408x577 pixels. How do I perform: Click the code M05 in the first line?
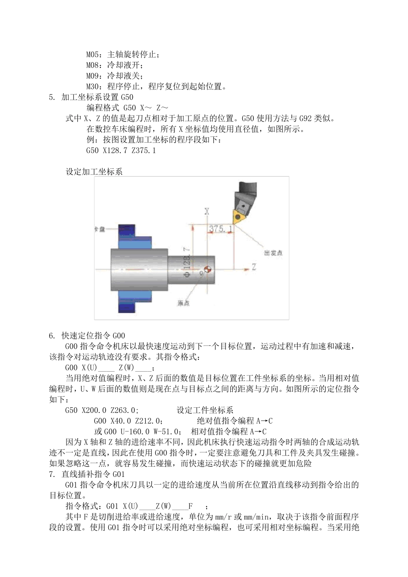click(x=93, y=55)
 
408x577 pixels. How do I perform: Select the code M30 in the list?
click(x=93, y=86)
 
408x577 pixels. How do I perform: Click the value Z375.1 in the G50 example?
click(x=143, y=150)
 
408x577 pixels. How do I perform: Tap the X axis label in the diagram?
click(x=207, y=211)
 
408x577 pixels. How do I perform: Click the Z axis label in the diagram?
click(x=254, y=267)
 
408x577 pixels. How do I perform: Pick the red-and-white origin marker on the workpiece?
click(x=207, y=269)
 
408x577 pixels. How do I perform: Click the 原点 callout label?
click(x=184, y=303)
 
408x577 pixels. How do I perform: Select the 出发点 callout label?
click(x=273, y=253)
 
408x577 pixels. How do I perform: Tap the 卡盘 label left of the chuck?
click(x=100, y=229)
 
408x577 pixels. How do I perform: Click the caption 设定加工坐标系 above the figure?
click(x=94, y=171)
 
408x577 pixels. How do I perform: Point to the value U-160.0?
click(x=134, y=431)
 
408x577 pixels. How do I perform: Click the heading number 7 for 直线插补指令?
click(x=52, y=474)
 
